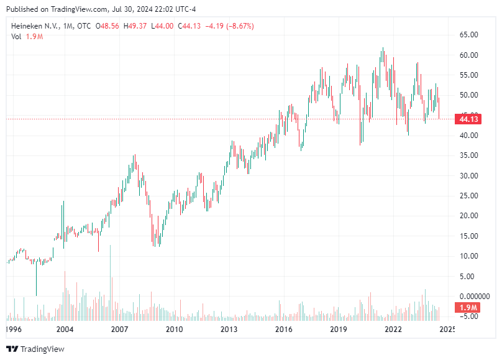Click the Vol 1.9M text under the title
coord(27,37)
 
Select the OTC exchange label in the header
coord(84,26)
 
